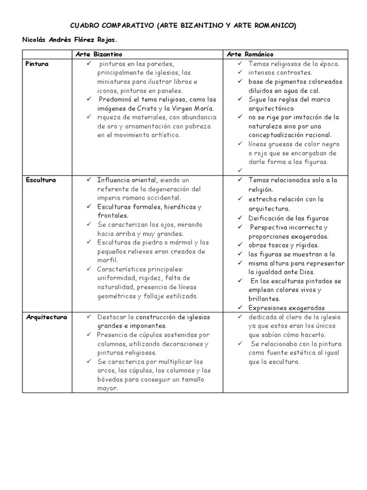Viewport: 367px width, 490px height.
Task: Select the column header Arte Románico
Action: point(251,55)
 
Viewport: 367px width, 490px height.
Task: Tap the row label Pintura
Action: point(37,64)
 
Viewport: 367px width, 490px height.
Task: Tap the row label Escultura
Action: point(41,180)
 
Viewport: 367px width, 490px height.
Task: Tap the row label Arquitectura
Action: point(46,317)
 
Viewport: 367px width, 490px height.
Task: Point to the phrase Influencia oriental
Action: point(127,180)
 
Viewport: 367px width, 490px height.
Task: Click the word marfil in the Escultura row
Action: point(108,260)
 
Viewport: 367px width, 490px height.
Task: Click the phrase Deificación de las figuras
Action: point(289,218)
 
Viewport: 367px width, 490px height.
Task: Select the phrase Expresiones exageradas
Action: point(287,308)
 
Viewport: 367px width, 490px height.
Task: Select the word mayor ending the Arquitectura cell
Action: point(108,388)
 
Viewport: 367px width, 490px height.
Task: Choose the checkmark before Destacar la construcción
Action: point(89,317)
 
